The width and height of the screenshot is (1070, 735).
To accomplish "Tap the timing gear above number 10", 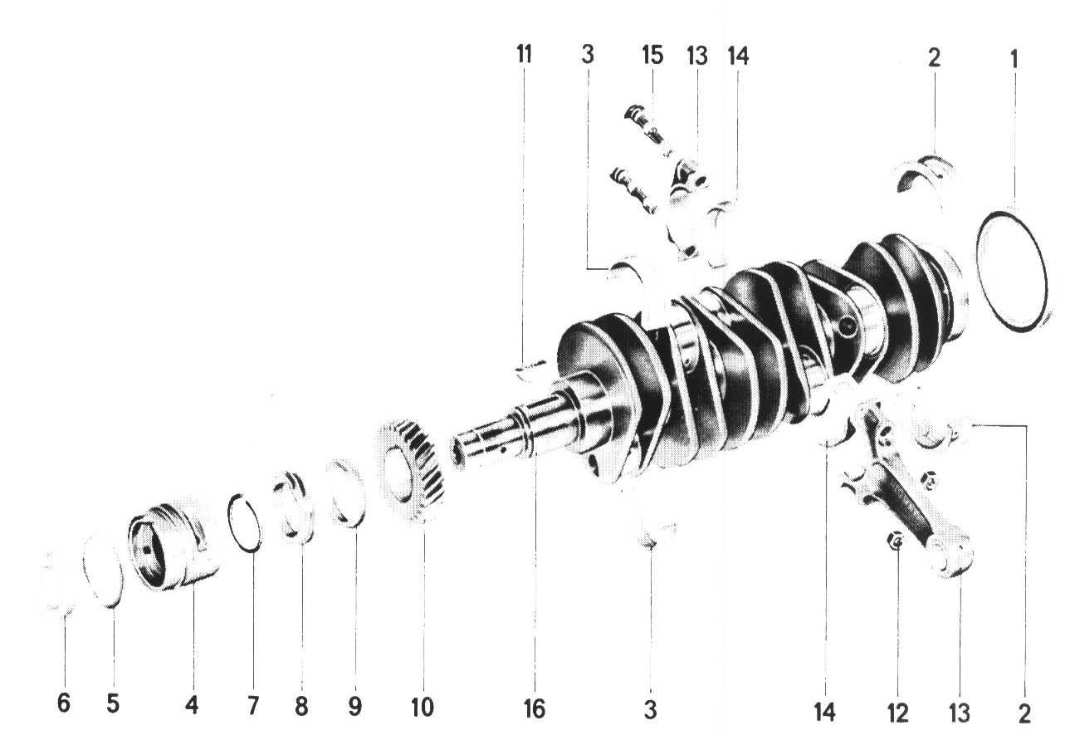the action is coord(412,470).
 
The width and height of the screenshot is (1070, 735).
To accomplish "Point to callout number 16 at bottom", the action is coord(534,709).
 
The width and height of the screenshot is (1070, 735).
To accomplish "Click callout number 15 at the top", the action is coord(652,55).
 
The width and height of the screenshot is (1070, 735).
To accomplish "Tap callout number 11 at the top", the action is coord(524,54).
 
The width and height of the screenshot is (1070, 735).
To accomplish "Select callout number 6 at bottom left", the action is coord(64,703).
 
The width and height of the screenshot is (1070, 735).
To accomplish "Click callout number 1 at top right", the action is coord(1014,59).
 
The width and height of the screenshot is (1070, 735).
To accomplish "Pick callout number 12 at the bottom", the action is coord(897,713).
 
